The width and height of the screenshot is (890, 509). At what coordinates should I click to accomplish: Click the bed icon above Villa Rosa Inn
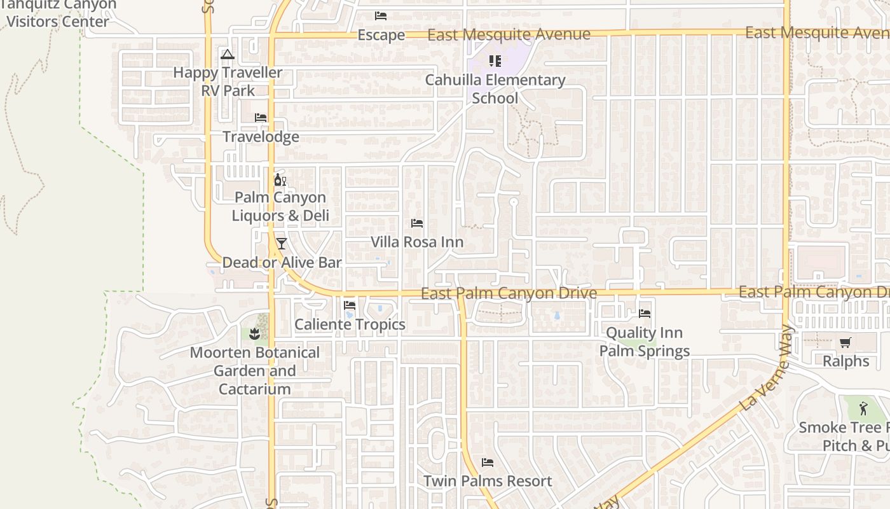tap(417, 223)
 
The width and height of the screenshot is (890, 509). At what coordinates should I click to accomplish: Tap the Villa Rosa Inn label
tap(417, 242)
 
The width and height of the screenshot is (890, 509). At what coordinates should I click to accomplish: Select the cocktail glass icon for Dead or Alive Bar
tap(281, 244)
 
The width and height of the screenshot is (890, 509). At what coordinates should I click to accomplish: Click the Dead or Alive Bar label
tap(282, 263)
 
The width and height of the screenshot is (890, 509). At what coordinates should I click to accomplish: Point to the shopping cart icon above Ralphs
tap(845, 343)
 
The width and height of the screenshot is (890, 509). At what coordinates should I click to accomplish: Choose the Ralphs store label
tap(845, 361)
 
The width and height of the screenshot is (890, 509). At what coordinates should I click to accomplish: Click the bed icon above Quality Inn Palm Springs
tap(645, 314)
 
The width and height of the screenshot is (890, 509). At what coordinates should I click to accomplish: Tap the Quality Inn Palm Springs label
tap(645, 342)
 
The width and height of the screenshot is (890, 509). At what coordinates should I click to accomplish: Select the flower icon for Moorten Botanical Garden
tap(254, 333)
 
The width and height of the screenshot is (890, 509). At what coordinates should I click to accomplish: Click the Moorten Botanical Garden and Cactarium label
tap(254, 371)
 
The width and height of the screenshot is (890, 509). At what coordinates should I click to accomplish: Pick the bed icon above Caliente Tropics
tap(350, 305)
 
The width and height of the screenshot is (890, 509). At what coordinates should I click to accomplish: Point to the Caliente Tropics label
tap(350, 324)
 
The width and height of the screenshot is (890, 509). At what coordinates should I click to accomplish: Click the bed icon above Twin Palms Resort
tap(488, 463)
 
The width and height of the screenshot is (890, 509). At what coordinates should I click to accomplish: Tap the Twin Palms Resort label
tap(488, 481)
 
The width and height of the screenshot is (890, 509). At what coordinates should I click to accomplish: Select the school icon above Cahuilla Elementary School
tap(495, 61)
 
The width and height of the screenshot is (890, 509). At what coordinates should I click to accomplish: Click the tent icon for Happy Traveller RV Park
tap(228, 55)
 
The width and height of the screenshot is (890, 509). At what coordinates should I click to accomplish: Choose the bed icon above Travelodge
tap(261, 118)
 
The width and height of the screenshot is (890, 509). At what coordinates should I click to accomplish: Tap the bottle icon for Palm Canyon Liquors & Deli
tap(280, 180)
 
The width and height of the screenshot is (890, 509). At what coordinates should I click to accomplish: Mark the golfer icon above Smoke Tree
tap(863, 408)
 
